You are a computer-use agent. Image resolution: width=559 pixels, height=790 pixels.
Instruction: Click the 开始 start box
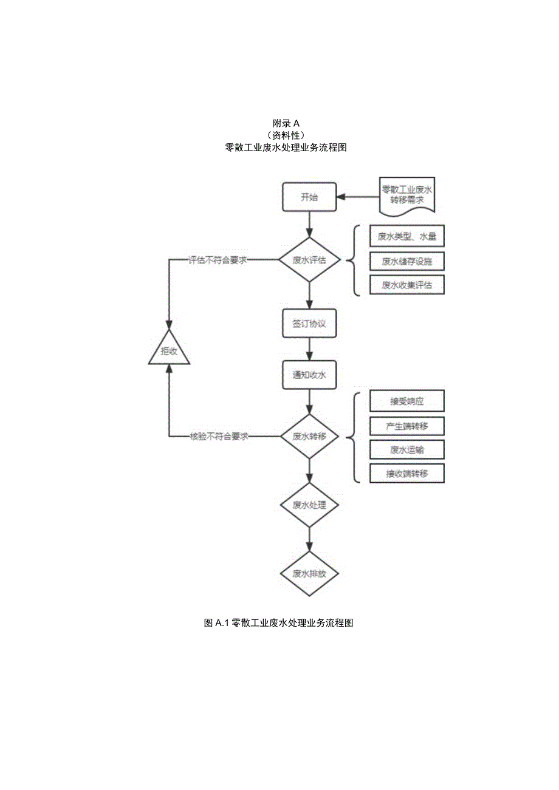309,197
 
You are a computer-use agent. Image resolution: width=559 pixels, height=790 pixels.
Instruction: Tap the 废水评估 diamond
309,260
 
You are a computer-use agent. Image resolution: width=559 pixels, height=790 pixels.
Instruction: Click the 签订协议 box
309,324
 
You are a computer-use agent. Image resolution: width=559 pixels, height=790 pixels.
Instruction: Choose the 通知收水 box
309,375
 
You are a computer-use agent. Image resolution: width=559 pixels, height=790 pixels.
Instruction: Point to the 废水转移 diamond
309,437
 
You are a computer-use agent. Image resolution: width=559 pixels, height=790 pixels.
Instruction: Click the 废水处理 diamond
309,505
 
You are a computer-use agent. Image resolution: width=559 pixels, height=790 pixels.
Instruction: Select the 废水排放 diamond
309,573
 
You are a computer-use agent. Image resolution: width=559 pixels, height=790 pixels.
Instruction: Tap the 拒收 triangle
170,352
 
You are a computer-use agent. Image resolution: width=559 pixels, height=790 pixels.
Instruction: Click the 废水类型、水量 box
407,237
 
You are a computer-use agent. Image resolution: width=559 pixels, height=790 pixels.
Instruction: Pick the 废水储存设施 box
407,261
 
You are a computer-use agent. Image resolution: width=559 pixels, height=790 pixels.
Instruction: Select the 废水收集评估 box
407,285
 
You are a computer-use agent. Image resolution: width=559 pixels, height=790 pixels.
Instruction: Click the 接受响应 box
407,401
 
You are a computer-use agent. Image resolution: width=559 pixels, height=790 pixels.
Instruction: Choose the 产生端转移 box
407,426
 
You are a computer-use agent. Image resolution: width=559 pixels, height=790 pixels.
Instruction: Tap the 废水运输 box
407,449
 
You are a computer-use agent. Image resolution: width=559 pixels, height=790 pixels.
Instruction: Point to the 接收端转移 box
407,473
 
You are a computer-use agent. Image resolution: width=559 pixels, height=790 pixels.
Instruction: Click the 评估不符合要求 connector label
217,260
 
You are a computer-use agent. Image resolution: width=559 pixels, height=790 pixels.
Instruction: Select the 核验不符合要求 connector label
218,437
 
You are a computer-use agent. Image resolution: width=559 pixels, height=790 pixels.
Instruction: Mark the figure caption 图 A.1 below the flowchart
279,623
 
